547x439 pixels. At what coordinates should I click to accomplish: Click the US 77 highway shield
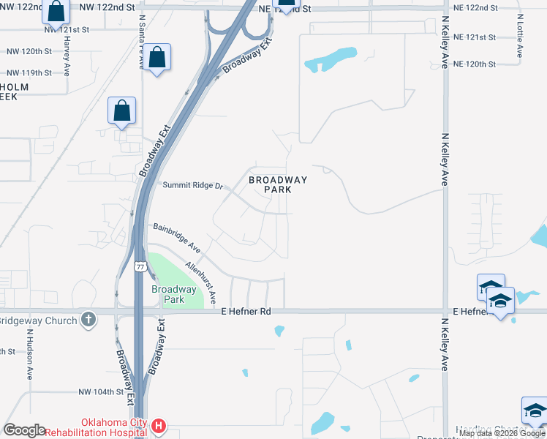click(139, 266)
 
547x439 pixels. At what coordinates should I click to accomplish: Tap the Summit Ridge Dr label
click(192, 186)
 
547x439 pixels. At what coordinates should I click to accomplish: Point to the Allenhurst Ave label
click(201, 282)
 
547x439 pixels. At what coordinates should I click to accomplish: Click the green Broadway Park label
click(173, 294)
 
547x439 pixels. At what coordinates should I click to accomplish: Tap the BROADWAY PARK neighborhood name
click(278, 184)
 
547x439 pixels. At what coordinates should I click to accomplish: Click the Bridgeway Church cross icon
click(88, 320)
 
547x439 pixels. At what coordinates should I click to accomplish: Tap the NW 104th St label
click(101, 392)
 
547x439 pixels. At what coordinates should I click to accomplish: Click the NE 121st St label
click(475, 37)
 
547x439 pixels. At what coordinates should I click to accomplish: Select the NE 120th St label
click(475, 64)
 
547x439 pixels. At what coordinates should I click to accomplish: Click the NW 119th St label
click(29, 73)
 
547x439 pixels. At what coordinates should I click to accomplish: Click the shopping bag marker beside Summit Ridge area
click(121, 111)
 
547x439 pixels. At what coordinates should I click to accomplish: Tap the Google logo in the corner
click(23, 430)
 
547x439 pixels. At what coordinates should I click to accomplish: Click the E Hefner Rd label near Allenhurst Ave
click(246, 312)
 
